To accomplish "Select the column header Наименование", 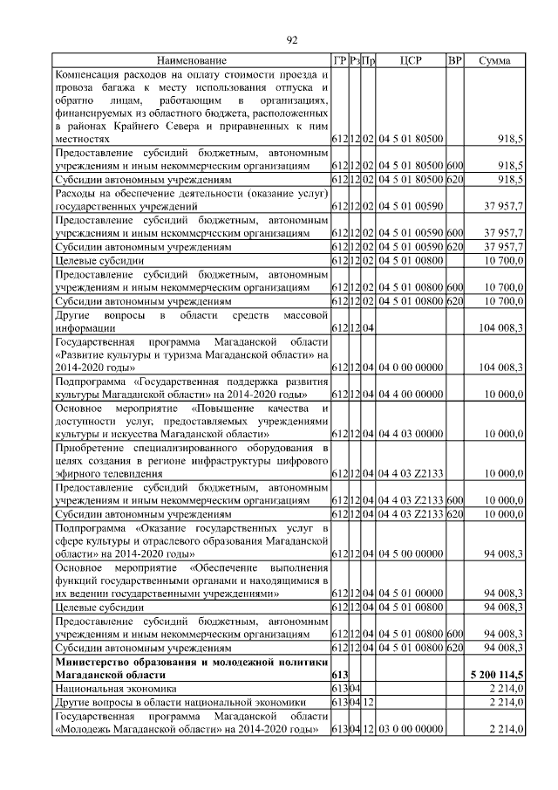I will coord(191,60).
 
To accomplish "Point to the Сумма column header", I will coord(494,60).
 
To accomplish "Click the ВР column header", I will coord(454,60).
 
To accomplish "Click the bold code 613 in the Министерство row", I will coord(340,676).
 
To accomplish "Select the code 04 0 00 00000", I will coord(411,368).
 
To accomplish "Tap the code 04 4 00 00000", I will coord(411,394).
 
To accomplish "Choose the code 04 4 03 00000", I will coord(411,433).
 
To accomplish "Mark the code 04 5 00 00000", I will coord(411,553).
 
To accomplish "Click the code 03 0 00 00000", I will coord(411,728).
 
